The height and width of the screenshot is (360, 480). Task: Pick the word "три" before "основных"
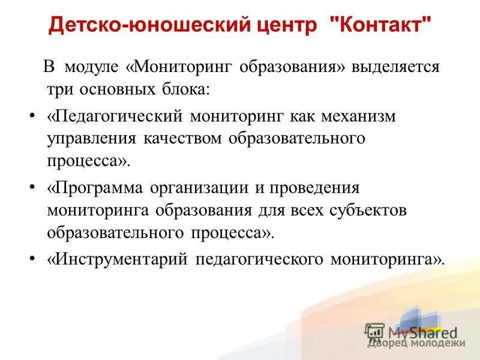(x=59, y=89)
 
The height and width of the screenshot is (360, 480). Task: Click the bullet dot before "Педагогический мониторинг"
(x=32, y=114)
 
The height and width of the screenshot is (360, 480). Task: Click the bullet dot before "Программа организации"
(x=32, y=186)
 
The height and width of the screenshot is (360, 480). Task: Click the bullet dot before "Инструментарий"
(x=32, y=258)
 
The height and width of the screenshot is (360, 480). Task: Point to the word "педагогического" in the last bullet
(x=258, y=259)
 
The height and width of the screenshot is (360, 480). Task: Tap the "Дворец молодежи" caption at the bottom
(x=416, y=343)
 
